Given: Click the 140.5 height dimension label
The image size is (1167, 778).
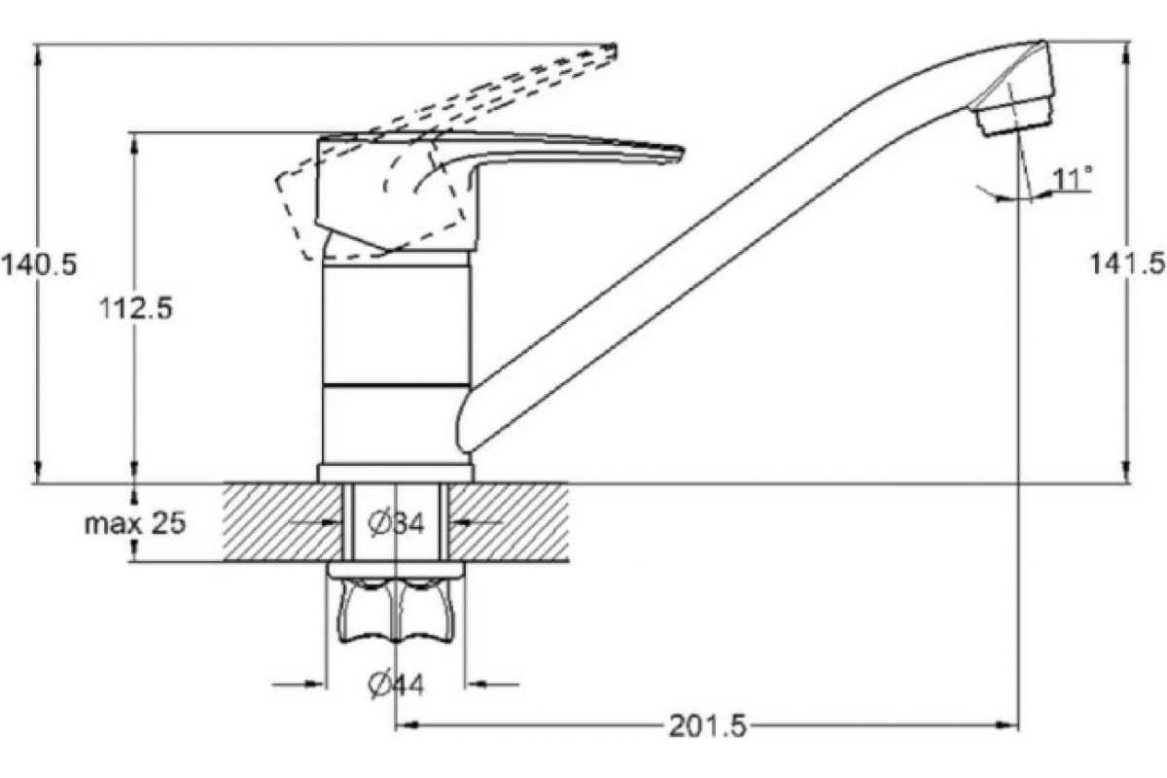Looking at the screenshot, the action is click(x=39, y=265).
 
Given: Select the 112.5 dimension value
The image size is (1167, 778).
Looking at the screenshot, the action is click(x=136, y=308).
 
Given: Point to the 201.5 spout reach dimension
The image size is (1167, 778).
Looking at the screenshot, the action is click(x=708, y=725).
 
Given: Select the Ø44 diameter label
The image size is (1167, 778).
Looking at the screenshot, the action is click(x=396, y=685).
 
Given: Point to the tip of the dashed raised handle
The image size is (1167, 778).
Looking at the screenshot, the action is click(x=614, y=50).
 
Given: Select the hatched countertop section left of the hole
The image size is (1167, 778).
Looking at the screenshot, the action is click(x=283, y=522).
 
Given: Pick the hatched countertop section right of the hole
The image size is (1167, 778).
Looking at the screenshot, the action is click(x=509, y=522).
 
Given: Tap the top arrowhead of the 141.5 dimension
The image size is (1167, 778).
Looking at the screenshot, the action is click(x=1127, y=53).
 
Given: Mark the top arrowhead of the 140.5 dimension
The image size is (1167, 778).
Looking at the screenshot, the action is click(x=38, y=55).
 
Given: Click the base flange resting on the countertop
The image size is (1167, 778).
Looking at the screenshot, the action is click(x=396, y=474).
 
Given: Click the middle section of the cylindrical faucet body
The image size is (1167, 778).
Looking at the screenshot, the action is click(x=397, y=326).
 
